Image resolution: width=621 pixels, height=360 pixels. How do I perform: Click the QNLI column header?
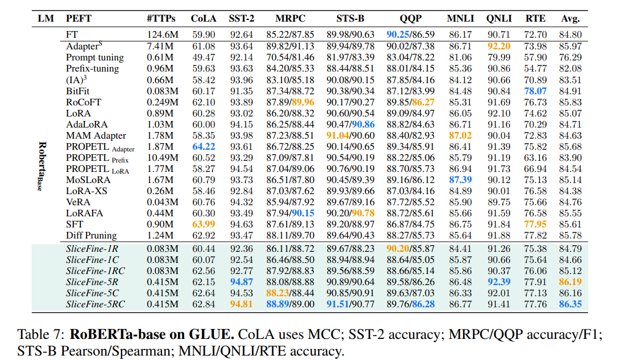pos(498,19)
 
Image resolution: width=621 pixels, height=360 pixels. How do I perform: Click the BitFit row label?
pos(78,91)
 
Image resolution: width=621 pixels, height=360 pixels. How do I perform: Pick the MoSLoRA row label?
pos(88,180)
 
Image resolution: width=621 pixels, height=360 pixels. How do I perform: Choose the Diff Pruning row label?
pos(91,236)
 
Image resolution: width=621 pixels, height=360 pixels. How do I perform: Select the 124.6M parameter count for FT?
pos(162,35)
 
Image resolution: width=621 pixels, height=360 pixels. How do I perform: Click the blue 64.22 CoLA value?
pos(203,147)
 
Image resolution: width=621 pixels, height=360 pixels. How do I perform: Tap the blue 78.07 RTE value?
pos(535,91)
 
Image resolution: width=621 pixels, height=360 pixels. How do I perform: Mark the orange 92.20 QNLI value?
pos(498,46)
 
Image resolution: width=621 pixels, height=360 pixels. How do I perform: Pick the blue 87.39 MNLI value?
pos(461,180)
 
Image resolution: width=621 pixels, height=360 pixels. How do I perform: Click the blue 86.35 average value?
pos(570,303)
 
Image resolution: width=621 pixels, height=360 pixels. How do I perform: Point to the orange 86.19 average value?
pos(570,281)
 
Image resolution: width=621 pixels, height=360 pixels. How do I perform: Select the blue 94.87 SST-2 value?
pos(242,281)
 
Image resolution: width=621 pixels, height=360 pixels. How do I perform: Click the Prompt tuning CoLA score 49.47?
pos(203,57)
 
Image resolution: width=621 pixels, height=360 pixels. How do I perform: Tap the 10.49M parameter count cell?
pos(162,158)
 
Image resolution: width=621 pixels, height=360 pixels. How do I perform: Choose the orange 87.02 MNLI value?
pos(461,135)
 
